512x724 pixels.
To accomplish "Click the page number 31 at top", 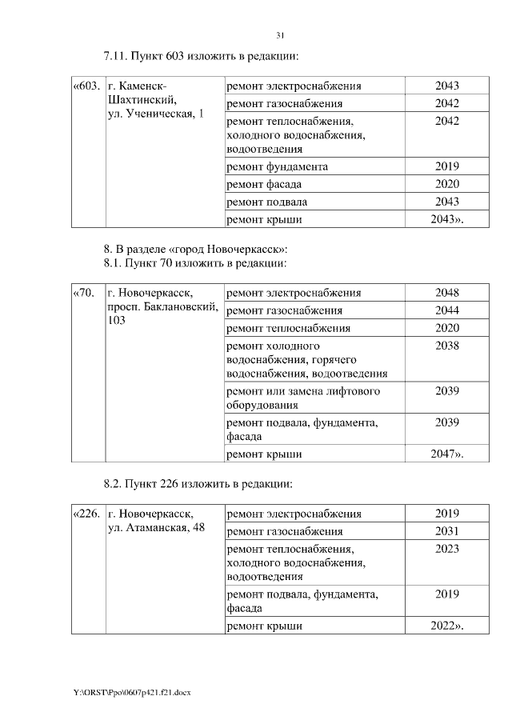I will tap(280, 35).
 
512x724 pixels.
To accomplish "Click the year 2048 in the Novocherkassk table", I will tap(446, 293).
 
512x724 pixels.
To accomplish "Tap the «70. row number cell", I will tap(85, 293).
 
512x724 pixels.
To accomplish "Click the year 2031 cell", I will tap(446, 531).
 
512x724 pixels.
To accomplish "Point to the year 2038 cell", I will tap(446, 346).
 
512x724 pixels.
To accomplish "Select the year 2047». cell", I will tap(446, 454).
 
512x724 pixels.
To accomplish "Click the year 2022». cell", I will tap(446, 626).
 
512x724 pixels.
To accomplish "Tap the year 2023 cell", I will tap(446, 549).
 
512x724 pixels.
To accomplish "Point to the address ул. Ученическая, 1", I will tap(155, 114).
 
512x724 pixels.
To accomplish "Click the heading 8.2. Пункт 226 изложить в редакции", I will tap(198, 484).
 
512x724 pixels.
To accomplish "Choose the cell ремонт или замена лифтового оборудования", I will tap(303, 398).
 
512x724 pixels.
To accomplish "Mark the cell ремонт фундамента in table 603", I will tap(278, 166).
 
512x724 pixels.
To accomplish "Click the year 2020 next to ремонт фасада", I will tap(446, 184).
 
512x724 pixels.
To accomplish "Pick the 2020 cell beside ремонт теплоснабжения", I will tap(446, 328).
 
